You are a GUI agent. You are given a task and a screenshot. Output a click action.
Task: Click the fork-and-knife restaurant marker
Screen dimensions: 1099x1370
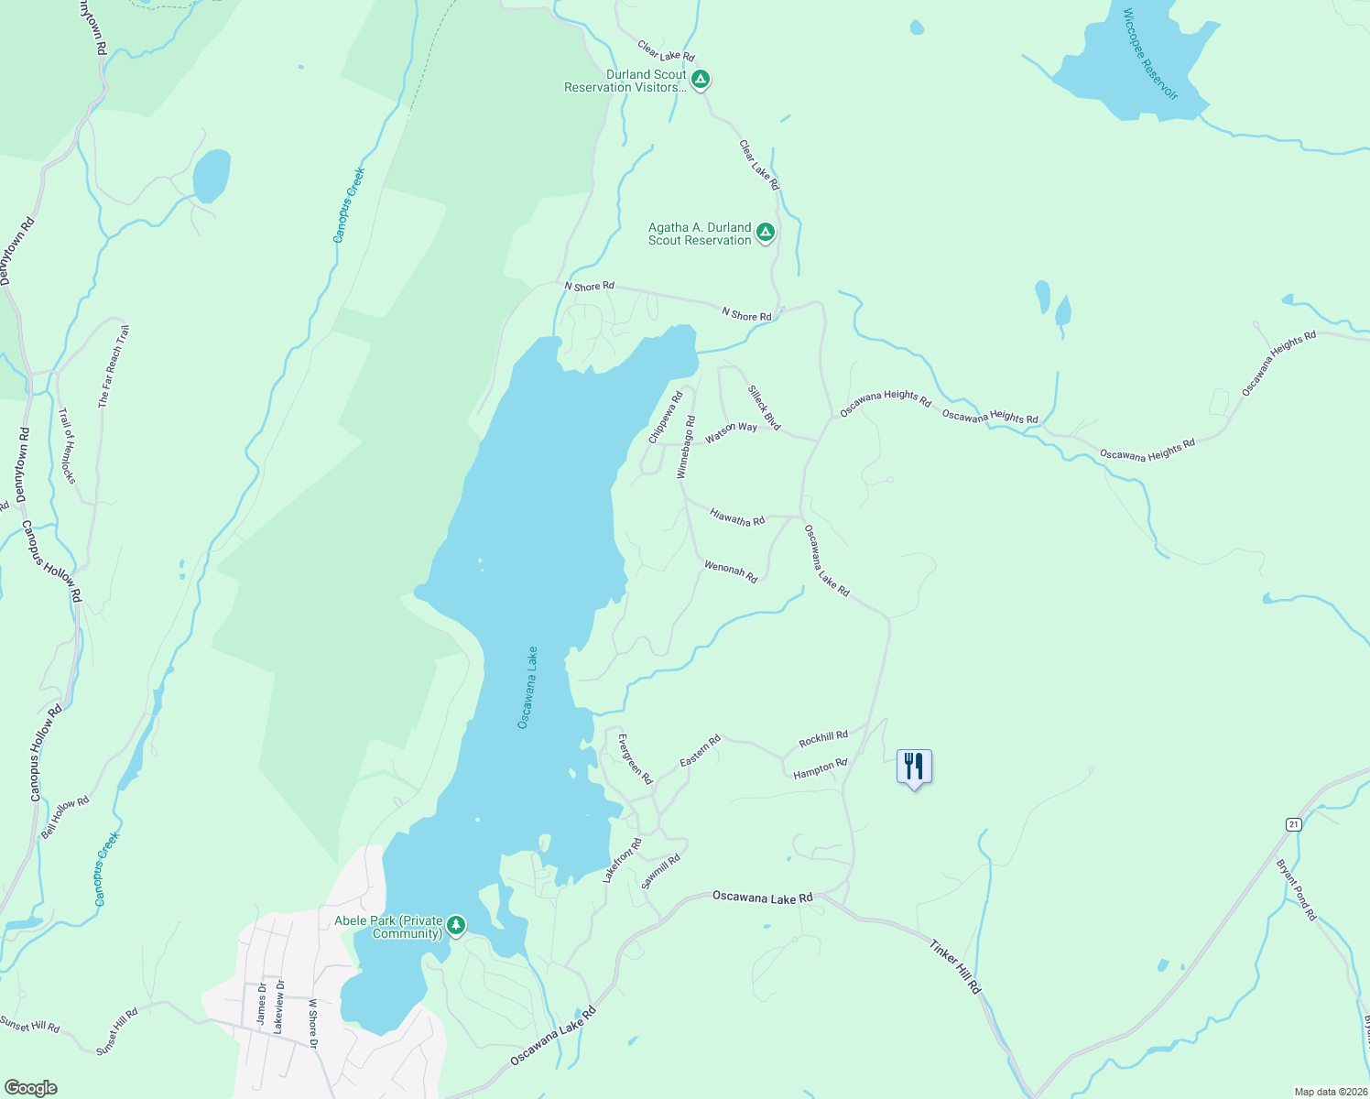point(913,766)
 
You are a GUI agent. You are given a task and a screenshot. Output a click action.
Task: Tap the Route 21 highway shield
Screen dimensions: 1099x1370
point(1293,824)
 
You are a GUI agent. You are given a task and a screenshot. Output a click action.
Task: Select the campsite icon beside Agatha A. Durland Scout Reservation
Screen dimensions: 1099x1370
point(766,233)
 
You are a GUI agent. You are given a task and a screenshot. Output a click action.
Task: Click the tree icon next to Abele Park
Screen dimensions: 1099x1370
point(455,926)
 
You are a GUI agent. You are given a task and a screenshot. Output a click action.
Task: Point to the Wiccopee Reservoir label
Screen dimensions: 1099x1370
point(1149,54)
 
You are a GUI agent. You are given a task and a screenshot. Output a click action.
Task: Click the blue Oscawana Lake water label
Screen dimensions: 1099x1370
point(527,688)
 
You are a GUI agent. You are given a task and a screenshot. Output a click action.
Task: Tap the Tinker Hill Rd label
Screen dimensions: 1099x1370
point(955,966)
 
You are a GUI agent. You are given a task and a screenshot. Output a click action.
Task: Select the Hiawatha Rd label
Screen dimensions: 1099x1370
point(737,518)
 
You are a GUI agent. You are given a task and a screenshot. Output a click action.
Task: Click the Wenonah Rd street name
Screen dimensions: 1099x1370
point(731,571)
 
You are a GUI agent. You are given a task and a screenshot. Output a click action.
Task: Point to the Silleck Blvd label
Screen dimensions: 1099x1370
point(764,408)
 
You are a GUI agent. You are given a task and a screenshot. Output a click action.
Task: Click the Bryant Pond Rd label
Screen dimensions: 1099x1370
point(1296,889)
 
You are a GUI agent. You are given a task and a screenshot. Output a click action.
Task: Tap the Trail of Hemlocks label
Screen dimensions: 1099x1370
point(68,446)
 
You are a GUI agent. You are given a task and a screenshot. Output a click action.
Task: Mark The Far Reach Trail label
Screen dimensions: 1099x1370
point(114,366)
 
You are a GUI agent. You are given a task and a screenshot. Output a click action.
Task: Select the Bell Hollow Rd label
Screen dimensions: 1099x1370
point(65,817)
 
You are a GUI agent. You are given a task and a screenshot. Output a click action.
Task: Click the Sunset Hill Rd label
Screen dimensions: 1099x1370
point(29,1025)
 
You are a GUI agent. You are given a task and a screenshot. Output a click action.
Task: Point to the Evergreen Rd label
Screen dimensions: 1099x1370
point(635,759)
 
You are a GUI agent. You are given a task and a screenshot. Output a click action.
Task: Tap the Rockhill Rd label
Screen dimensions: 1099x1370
point(823,738)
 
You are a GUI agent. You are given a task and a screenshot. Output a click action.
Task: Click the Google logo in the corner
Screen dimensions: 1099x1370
point(31,1087)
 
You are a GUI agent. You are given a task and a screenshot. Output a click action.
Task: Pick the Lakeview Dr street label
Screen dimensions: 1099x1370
point(279,1007)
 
